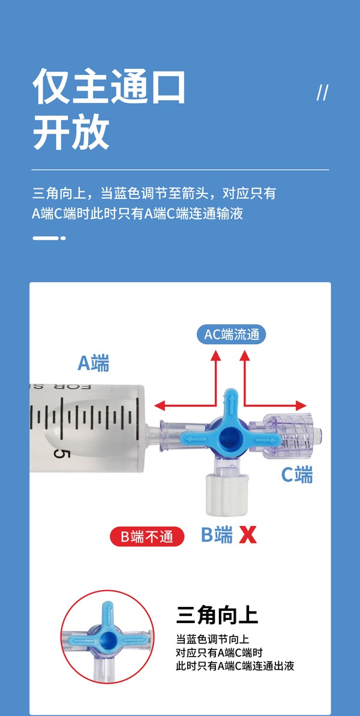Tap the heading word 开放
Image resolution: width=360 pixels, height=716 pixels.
[71, 131]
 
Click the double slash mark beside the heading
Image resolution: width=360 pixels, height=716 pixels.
[322, 93]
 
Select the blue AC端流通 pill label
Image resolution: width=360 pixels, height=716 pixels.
[231, 334]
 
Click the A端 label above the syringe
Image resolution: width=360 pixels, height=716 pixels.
[94, 362]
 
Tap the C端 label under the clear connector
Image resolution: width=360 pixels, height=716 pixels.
[297, 475]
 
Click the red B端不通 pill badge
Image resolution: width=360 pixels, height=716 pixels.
[147, 536]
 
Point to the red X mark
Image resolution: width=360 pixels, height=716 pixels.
[248, 534]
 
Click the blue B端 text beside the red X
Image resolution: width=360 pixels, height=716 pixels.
[216, 534]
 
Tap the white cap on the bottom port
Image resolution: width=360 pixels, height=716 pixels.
[223, 494]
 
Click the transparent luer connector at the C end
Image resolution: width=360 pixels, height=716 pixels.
[287, 437]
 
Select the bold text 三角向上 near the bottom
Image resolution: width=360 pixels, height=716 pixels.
[217, 616]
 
